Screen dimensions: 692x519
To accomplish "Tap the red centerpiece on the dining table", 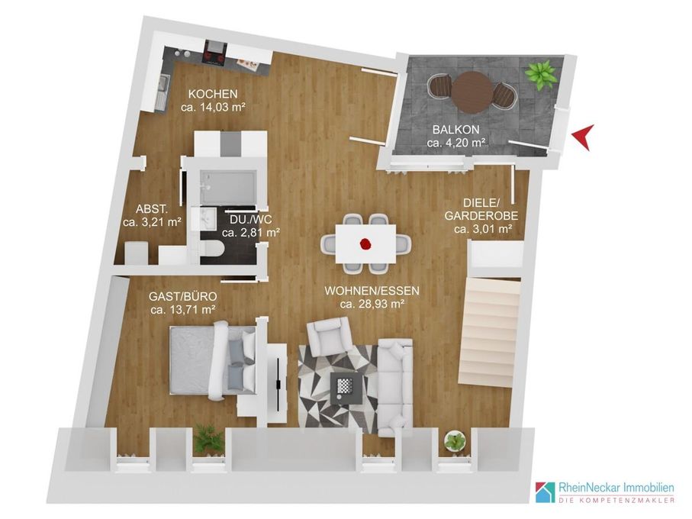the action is [365, 243].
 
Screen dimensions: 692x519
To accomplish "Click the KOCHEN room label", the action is [213, 94].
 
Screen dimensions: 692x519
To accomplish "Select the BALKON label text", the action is [456, 130].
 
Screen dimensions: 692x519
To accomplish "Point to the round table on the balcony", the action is [472, 92].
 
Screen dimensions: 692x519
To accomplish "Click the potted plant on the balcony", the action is [540, 76].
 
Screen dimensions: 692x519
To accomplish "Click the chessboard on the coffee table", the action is [346, 386].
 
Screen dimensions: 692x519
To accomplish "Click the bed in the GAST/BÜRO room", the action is [213, 359].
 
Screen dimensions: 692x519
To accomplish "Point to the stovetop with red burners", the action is [214, 57].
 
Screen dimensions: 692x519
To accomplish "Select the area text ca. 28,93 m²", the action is [372, 304].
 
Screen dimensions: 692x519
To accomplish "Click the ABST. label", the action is [151, 209].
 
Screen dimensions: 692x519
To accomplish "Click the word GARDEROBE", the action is [481, 216].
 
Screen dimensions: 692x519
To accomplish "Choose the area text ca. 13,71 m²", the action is [182, 309].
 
